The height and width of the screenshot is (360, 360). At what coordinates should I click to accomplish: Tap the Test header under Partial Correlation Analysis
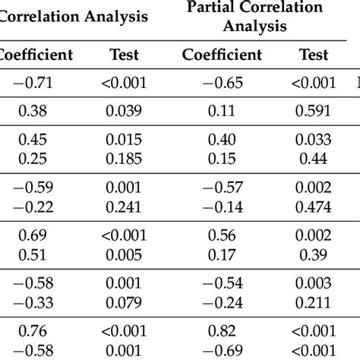[x=314, y=55]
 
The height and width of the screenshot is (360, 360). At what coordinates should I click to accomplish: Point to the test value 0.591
[x=314, y=112]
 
